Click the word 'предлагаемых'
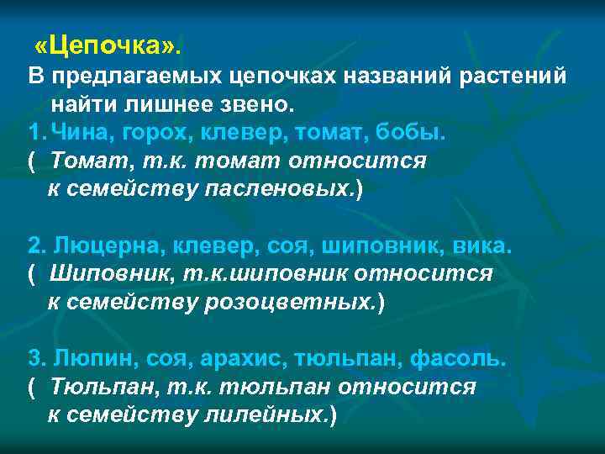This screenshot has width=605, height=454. click(x=135, y=77)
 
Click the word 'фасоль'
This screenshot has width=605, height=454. click(x=458, y=360)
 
